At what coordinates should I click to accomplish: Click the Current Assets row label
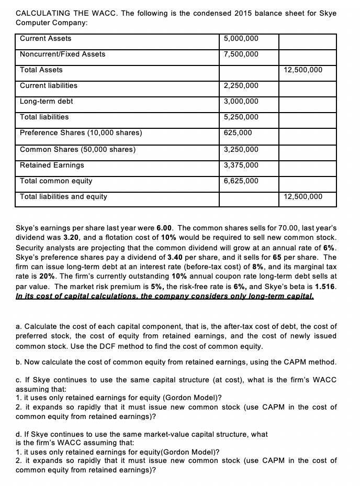[46, 39]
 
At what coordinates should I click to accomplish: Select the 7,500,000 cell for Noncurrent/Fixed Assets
[240, 54]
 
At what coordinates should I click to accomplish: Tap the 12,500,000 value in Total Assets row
[303, 70]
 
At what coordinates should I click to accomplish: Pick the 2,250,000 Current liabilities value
[241, 86]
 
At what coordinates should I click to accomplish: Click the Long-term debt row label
[46, 102]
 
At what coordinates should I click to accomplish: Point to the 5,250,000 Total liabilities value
[241, 117]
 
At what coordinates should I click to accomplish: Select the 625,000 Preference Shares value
[238, 133]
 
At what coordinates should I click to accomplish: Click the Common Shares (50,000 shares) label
[77, 150]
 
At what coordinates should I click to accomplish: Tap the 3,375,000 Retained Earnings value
[241, 165]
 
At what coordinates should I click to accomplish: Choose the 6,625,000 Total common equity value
[241, 181]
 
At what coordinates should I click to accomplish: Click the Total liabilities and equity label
[63, 197]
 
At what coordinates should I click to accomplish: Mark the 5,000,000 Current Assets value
[241, 39]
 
